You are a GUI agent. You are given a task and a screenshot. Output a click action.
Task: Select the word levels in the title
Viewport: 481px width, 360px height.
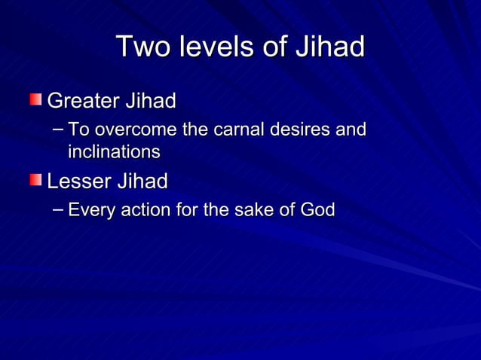pos(215,47)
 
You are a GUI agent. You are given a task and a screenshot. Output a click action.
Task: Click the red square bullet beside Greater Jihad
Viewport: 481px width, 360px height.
pos(36,99)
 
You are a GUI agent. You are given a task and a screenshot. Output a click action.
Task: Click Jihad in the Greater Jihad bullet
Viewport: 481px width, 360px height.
pos(152,100)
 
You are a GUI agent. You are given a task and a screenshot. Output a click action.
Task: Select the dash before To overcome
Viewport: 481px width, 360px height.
pos(59,129)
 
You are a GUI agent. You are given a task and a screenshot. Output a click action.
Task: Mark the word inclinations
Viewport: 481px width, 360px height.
pos(114,152)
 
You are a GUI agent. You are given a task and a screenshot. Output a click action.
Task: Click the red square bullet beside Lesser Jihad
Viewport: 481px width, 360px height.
pos(36,181)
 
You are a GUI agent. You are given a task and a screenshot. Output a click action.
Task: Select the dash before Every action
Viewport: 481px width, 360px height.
pos(59,209)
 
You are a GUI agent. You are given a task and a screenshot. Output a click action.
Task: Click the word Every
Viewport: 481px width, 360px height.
pos(90,211)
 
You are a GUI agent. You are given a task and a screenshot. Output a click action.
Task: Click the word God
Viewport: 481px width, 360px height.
pos(317,210)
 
